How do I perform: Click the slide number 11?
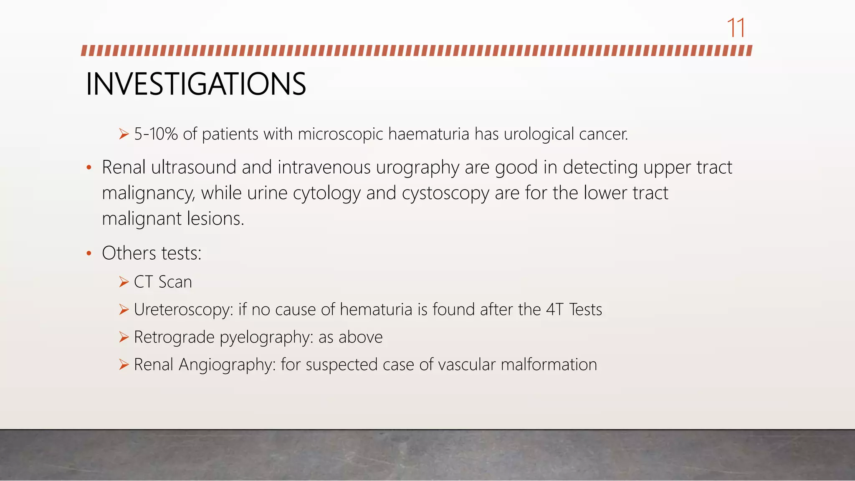click(x=736, y=28)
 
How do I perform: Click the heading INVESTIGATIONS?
click(x=196, y=84)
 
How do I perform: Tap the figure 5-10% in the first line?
click(x=156, y=134)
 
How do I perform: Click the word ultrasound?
click(x=194, y=167)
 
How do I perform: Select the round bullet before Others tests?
click(x=89, y=253)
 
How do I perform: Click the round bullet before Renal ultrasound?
click(x=89, y=168)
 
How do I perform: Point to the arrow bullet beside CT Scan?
click(x=124, y=282)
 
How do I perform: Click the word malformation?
click(x=549, y=365)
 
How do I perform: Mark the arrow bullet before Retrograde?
click(x=124, y=337)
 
